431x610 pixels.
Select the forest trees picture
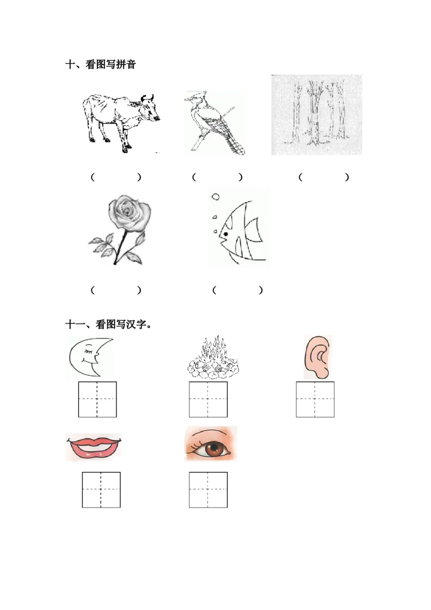pyautogui.click(x=317, y=115)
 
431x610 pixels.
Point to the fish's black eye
pyautogui.click(x=225, y=234)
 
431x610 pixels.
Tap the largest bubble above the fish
pyautogui.click(x=215, y=197)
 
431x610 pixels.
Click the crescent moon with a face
pyautogui.click(x=91, y=357)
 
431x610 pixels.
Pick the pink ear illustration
pyautogui.click(x=317, y=357)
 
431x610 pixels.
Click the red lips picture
pyautogui.click(x=94, y=447)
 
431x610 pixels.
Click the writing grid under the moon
pyautogui.click(x=98, y=399)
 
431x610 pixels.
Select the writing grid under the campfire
pyautogui.click(x=208, y=399)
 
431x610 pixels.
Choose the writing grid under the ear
pyautogui.click(x=315, y=399)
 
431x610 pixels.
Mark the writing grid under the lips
pyautogui.click(x=101, y=490)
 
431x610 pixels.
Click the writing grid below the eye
pyautogui.click(x=208, y=490)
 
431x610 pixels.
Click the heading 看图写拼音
pyautogui.click(x=110, y=65)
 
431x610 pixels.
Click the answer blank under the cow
pyautogui.click(x=116, y=177)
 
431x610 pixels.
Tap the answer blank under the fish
pyautogui.click(x=238, y=290)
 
